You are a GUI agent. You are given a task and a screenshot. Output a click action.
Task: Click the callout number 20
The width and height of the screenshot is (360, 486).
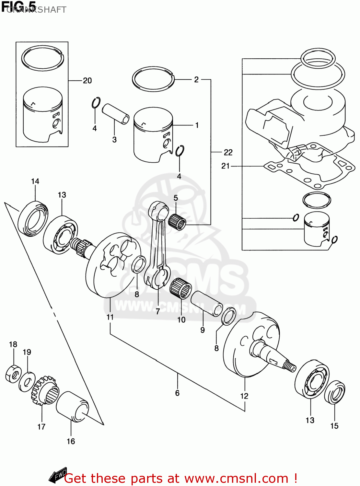[87, 80]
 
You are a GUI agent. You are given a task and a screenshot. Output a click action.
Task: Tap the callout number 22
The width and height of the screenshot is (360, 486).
[228, 152]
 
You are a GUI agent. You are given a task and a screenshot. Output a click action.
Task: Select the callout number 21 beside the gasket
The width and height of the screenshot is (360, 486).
[226, 166]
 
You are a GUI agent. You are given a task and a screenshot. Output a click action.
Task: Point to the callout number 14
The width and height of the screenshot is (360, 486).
[35, 181]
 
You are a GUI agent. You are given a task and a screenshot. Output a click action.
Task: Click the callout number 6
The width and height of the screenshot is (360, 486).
[177, 393]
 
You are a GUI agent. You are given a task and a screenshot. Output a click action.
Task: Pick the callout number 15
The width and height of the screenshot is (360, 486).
[334, 426]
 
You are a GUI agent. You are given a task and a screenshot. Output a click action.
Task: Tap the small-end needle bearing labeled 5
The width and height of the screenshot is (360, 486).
[178, 222]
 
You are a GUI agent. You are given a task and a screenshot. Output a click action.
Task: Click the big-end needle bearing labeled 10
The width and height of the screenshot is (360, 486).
[180, 288]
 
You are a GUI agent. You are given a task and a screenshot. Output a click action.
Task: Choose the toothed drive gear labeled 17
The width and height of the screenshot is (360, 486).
[45, 391]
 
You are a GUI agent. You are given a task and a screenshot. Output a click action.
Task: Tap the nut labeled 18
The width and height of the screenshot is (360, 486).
[13, 374]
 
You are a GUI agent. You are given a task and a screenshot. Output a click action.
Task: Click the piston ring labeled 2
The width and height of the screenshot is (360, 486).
[153, 79]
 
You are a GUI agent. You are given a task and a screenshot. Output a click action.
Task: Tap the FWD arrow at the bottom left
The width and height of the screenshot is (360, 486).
[58, 475]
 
